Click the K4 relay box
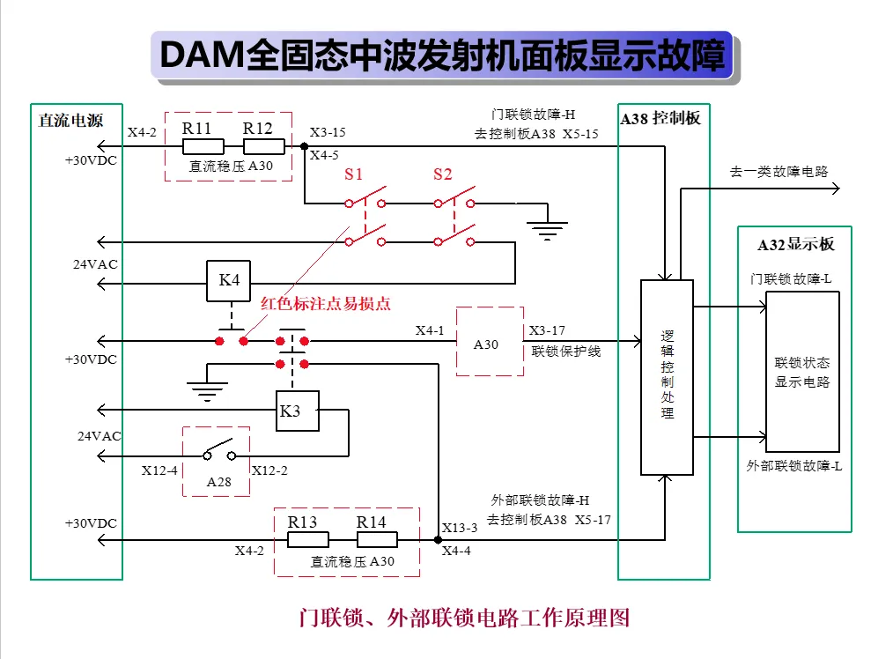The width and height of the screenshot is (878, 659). click(228, 281)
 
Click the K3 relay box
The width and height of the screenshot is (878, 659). click(298, 411)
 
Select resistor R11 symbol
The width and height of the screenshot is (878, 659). click(203, 146)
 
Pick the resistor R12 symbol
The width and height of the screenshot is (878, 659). click(264, 146)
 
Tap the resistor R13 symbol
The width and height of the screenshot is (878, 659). click(308, 540)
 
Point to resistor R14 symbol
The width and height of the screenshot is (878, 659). click(378, 540)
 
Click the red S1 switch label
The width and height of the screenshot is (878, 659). click(353, 174)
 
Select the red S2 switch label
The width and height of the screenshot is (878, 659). click(442, 174)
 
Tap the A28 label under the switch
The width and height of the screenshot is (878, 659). click(219, 482)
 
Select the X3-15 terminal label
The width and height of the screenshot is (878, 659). click(328, 132)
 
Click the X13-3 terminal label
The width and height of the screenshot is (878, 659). click(460, 528)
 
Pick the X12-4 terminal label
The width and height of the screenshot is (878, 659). click(159, 470)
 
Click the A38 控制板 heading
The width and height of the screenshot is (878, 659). click(660, 118)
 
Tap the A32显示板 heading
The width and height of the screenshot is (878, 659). click(796, 244)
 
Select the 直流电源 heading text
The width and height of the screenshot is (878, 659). click(70, 121)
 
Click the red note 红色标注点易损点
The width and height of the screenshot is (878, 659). click(325, 304)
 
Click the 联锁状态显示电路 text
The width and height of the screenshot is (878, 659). click(802, 372)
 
